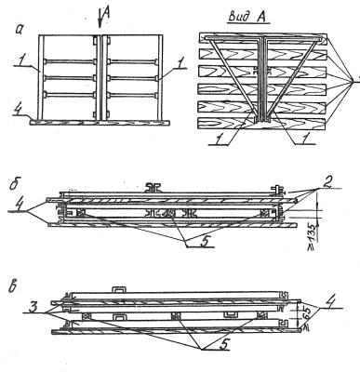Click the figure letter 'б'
(x=14, y=184)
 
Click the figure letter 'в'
(x=13, y=287)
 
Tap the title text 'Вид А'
(x=247, y=17)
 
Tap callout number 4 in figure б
(x=20, y=206)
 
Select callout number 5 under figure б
(x=204, y=241)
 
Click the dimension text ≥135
(x=312, y=237)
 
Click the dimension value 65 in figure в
(x=300, y=316)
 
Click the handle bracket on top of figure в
(x=119, y=289)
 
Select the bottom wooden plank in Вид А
(x=262, y=124)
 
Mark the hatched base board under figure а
(x=100, y=123)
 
